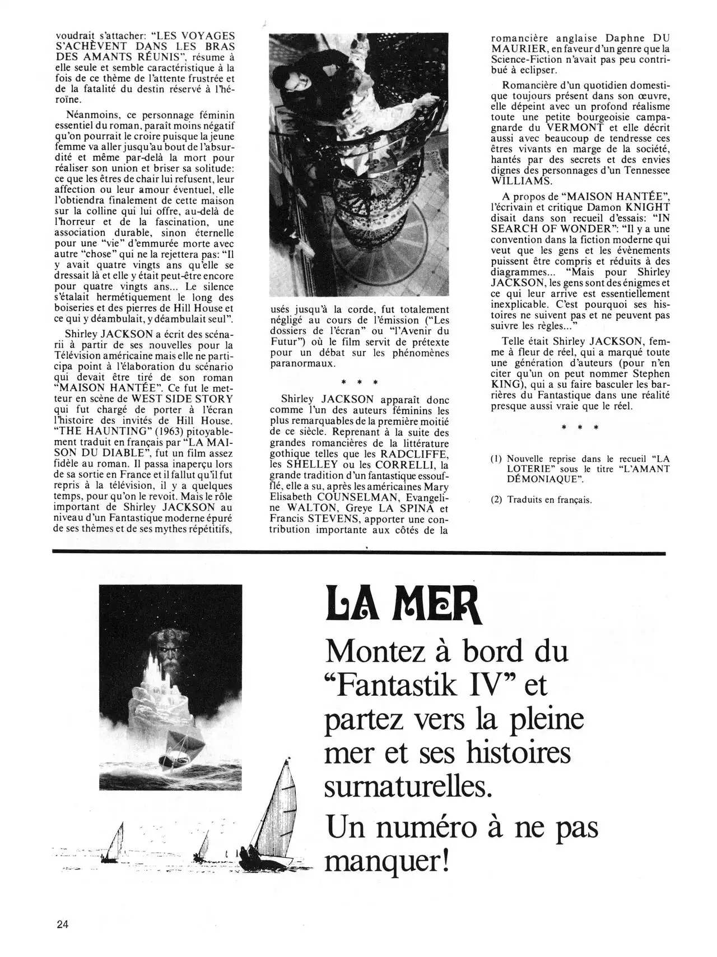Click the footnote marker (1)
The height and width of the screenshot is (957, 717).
tap(496, 458)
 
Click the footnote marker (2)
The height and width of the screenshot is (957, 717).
tap(496, 500)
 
